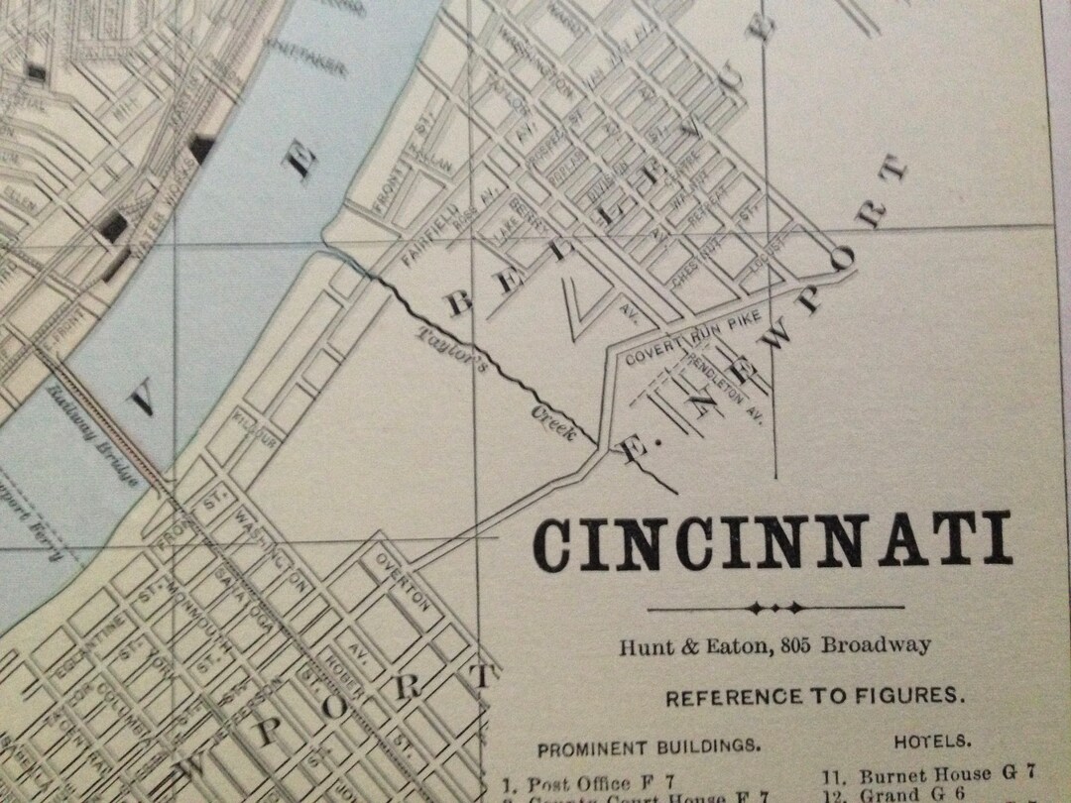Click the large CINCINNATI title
pos(772,542)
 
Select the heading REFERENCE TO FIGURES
pos(814,697)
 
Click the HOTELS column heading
pos(932,741)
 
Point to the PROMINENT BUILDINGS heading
pos(650,746)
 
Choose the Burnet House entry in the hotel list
pos(925,774)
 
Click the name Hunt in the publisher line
pos(641,646)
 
